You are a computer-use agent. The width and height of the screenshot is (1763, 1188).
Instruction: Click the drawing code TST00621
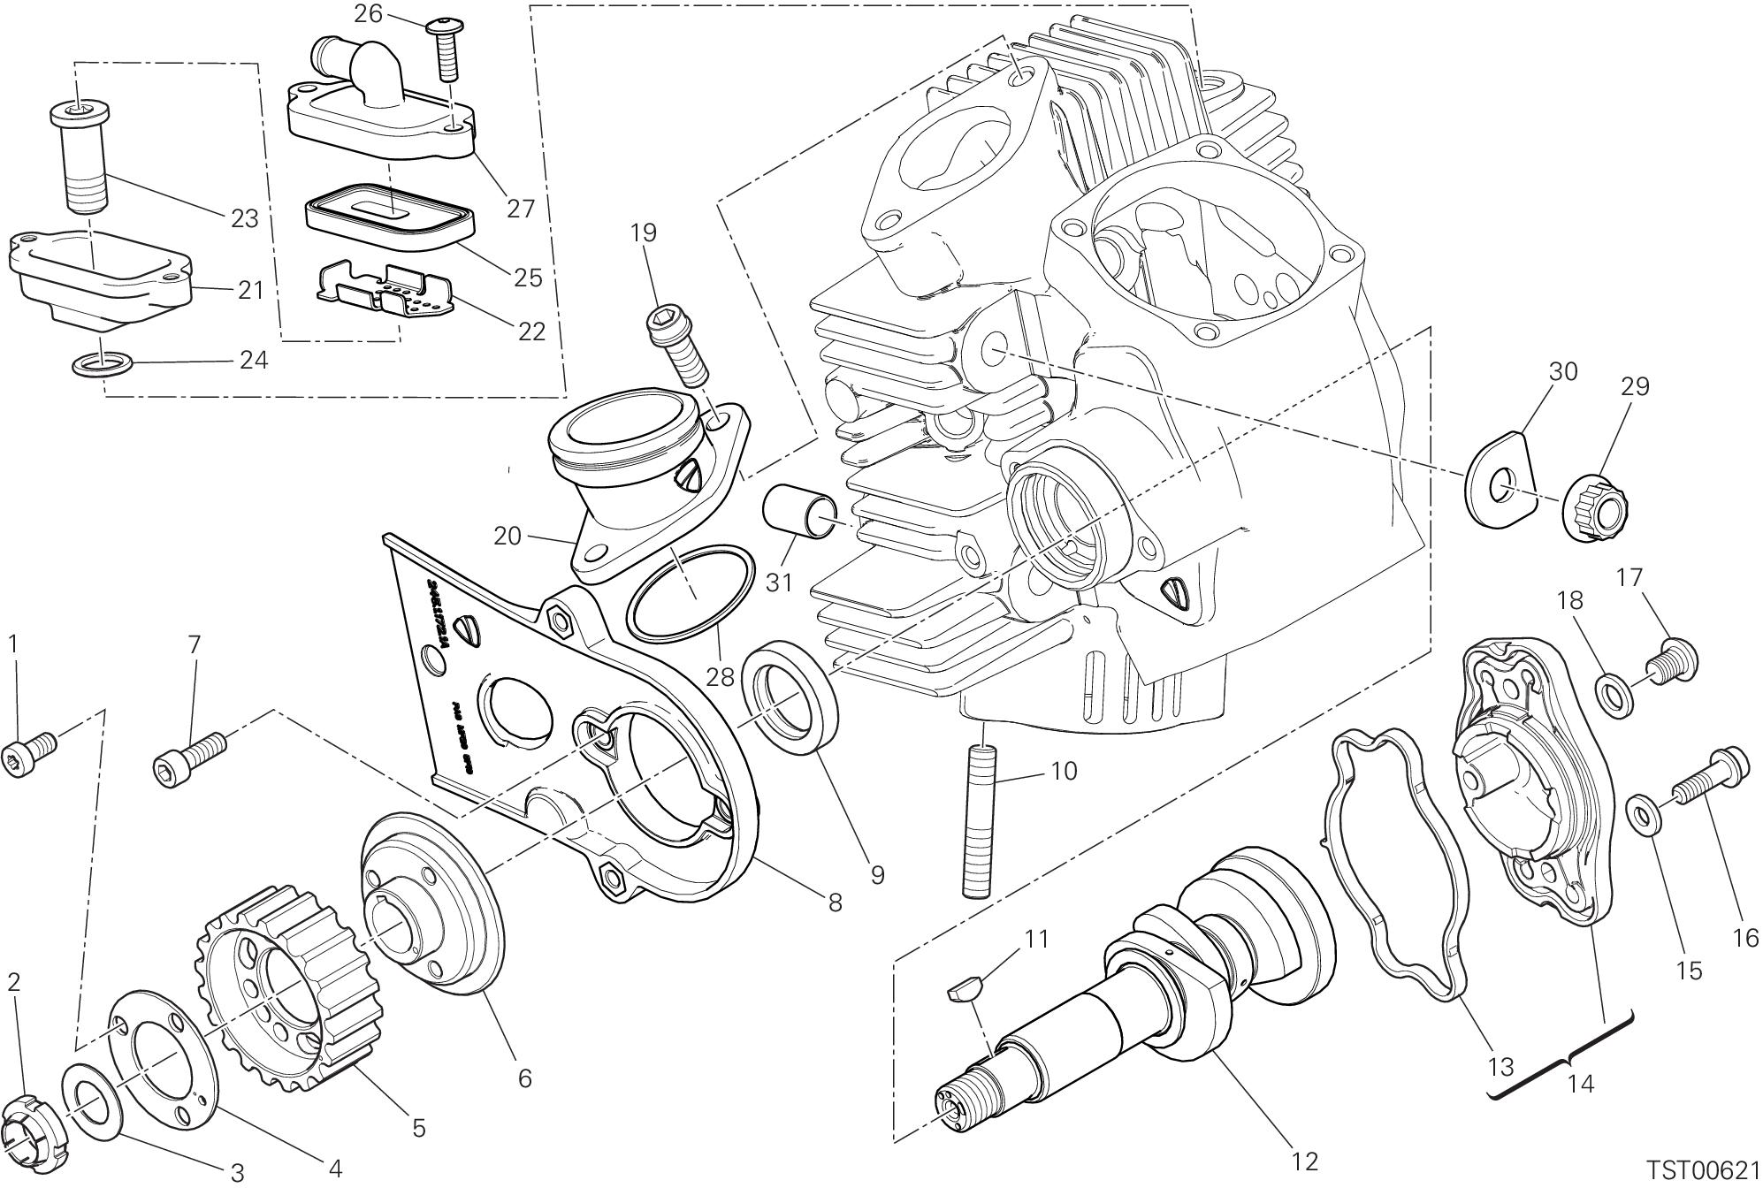point(1703,1170)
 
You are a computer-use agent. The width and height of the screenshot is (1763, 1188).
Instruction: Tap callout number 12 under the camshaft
point(1304,1161)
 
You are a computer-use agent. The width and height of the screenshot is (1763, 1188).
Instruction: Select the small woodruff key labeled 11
point(963,991)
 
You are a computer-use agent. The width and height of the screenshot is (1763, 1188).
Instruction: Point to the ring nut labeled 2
point(35,1131)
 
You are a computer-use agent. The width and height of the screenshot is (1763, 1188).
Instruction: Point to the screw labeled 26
point(446,48)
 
